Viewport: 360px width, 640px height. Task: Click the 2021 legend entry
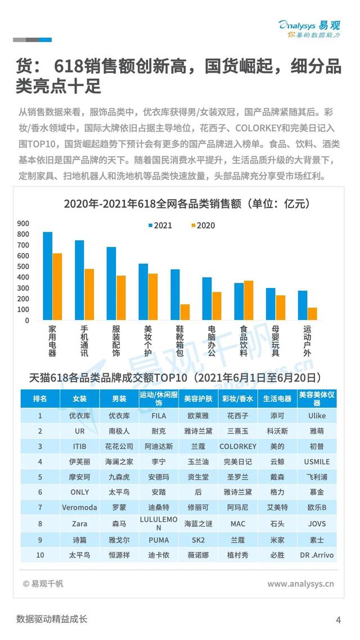coord(160,226)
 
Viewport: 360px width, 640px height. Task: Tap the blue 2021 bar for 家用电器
coord(48,276)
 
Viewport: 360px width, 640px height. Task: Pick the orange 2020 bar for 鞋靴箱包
coord(184,312)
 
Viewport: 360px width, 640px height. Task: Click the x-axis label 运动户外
coord(307,341)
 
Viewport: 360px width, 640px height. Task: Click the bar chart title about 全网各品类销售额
coord(178,204)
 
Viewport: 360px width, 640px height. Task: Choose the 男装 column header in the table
coord(119,399)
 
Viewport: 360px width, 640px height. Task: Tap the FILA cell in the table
coord(159,416)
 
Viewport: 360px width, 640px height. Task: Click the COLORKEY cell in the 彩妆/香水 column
coord(238,446)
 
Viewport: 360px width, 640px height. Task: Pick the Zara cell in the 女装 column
coord(80,523)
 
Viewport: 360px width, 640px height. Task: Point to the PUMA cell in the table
coord(159,539)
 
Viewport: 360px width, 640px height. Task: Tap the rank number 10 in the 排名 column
coord(40,555)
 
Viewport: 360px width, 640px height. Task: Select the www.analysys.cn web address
coord(300,584)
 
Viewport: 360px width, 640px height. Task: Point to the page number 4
coord(338,620)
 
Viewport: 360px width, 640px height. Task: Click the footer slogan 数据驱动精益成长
coord(52,620)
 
